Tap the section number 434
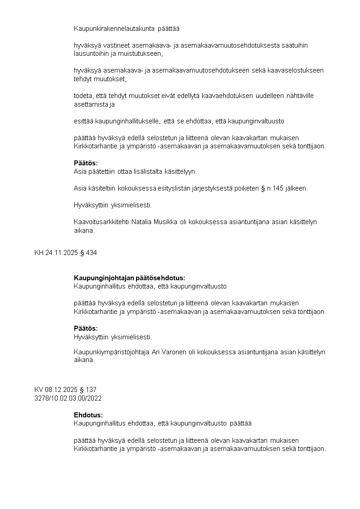coord(91,253)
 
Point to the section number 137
coord(91,390)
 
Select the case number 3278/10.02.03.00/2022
coord(68,398)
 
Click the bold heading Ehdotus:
coord(88,415)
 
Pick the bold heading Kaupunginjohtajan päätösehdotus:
coord(130,278)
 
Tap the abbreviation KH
coord(39,253)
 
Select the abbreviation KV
coord(39,390)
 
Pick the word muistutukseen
coord(140,54)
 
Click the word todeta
coord(83,96)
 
